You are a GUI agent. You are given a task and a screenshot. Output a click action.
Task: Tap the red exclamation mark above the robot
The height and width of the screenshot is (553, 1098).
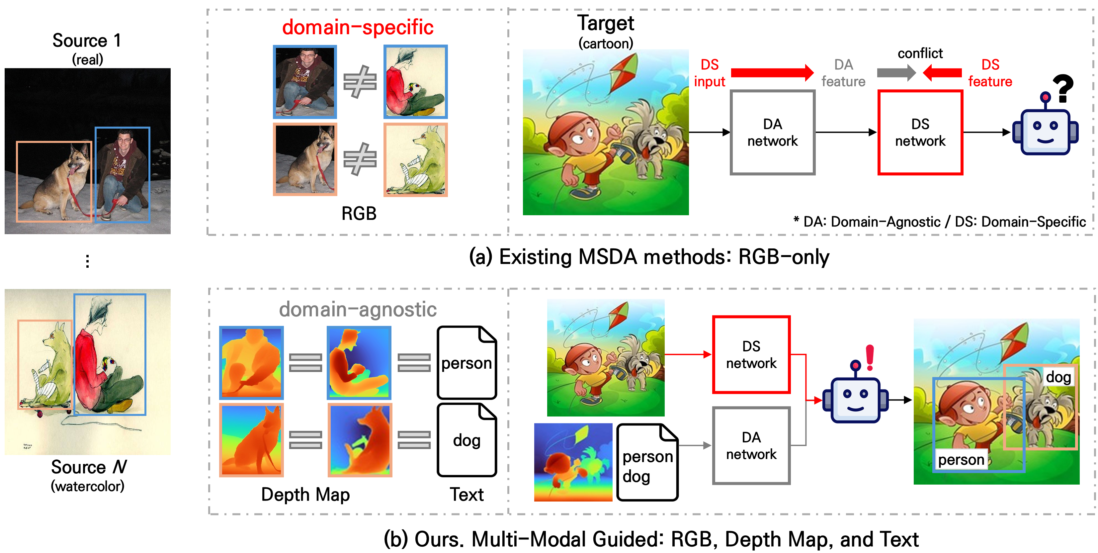(870, 357)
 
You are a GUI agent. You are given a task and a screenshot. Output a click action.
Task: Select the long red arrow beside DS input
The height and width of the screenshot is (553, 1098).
(772, 73)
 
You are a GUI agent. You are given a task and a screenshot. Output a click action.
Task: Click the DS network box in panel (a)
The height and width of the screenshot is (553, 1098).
(920, 132)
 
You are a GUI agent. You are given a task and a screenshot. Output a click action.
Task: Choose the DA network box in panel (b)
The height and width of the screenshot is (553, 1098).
(751, 445)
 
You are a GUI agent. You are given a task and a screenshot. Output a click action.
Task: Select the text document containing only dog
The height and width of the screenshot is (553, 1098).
(467, 440)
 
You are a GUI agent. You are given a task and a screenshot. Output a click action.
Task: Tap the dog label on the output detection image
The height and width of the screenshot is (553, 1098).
(1058, 377)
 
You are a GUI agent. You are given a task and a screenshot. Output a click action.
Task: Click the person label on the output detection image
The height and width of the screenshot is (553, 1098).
(961, 460)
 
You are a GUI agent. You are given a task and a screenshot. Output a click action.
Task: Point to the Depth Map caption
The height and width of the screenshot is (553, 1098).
(305, 495)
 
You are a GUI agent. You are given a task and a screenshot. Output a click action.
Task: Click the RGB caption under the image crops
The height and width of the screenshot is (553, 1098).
(359, 214)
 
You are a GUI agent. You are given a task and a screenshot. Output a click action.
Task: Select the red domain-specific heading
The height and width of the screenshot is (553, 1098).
(358, 27)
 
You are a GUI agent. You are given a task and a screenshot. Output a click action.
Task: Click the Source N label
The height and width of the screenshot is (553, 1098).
(89, 467)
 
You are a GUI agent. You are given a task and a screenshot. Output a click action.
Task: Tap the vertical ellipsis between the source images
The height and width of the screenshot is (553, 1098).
(87, 261)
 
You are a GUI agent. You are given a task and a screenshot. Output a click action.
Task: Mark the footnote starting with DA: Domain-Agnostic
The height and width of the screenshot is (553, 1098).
(939, 222)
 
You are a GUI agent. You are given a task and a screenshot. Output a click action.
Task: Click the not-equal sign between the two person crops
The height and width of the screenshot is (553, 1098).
(360, 81)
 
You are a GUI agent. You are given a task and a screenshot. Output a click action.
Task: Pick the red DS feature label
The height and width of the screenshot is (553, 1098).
(990, 73)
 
